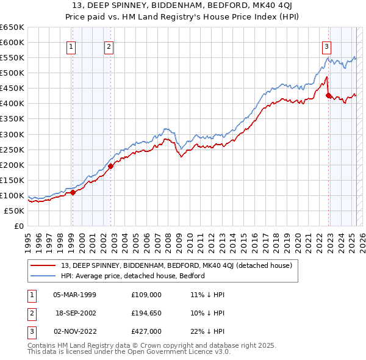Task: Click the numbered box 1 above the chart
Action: pyautogui.click(x=71, y=46)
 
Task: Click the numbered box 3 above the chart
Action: pyautogui.click(x=326, y=46)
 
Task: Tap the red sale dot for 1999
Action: pyautogui.click(x=73, y=192)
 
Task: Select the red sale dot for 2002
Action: pyautogui.click(x=111, y=166)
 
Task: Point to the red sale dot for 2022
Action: pyautogui.click(x=328, y=95)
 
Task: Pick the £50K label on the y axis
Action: pyautogui.click(x=14, y=211)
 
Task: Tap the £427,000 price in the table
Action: pyautogui.click(x=146, y=331)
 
